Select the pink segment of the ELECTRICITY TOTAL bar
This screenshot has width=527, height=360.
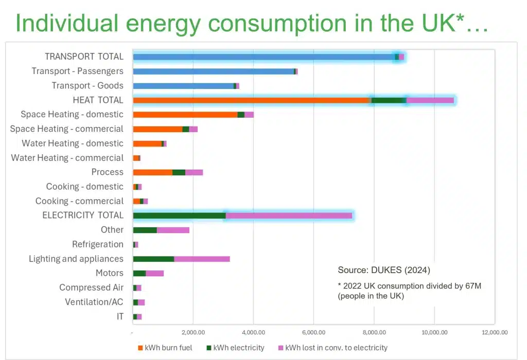[x=289, y=215]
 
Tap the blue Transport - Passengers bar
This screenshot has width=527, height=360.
[x=213, y=71]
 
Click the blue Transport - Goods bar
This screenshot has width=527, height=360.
[x=183, y=86]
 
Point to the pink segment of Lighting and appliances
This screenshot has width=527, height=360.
[x=202, y=259]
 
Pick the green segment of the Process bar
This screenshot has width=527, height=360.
[x=179, y=172]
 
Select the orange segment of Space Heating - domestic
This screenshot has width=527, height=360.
[x=185, y=115]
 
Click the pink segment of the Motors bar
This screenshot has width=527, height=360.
[x=154, y=273]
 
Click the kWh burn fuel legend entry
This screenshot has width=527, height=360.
[x=165, y=348]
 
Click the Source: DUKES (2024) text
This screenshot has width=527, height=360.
[x=383, y=270]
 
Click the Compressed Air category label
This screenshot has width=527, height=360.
[x=91, y=287]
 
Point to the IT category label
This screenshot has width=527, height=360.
[x=119, y=316]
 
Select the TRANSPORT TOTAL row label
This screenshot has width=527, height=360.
[x=84, y=57]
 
